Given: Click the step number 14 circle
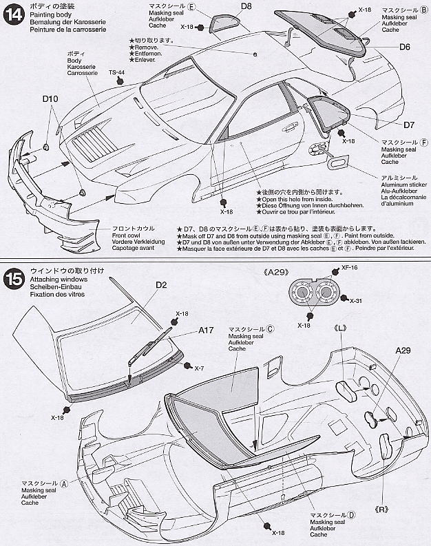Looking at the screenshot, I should tap(13, 14).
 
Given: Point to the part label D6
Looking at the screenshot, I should tap(404, 47).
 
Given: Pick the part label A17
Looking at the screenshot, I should tap(207, 330).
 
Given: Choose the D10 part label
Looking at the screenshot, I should tap(50, 99).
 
